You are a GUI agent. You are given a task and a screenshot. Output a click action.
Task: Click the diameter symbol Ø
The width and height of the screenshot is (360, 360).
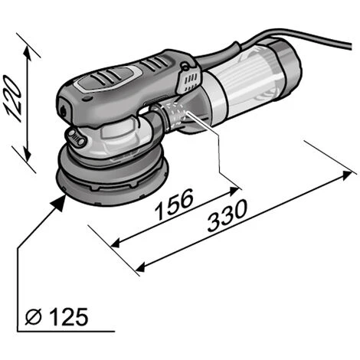[34, 316]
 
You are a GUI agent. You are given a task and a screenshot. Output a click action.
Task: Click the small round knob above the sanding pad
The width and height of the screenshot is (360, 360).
[76, 138]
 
